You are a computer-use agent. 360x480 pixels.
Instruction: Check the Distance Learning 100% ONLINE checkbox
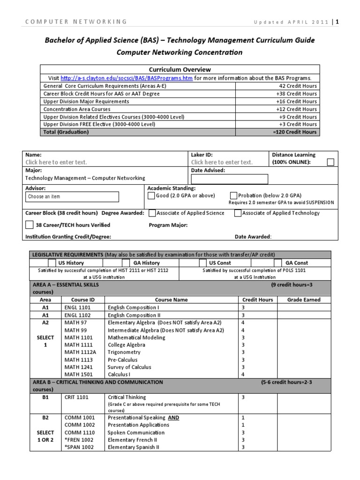tap(330, 162)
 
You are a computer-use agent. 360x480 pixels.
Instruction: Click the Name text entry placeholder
tap(56, 162)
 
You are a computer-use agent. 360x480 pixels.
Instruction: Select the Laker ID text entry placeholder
tap(222, 162)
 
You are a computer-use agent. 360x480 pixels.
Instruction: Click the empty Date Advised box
tap(230, 179)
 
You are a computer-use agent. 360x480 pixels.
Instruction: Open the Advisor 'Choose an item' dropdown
tap(73, 196)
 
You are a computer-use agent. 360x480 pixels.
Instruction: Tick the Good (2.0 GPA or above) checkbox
tap(151, 195)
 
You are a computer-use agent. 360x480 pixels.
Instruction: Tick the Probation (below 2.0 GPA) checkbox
tap(234, 195)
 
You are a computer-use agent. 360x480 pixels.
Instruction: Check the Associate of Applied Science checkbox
tap(152, 213)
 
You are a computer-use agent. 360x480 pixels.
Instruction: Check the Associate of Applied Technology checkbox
tap(238, 213)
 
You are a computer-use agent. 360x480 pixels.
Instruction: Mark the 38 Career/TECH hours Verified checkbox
tap(30, 225)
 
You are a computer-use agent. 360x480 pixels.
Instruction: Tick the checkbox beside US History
tap(52, 263)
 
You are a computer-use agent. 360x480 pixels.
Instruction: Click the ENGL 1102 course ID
tap(78, 315)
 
